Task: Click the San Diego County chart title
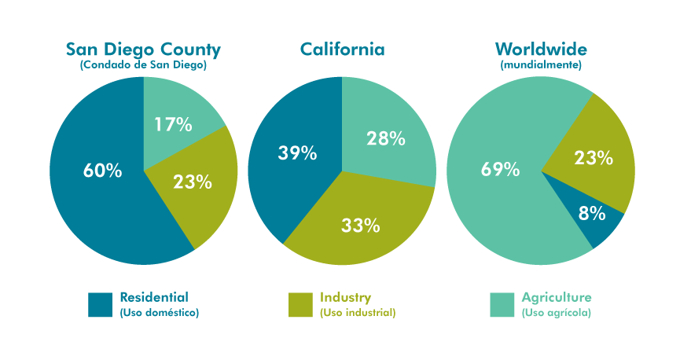tap(143, 50)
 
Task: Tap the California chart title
tap(342, 50)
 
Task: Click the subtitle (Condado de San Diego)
tap(143, 66)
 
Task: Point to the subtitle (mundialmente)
tap(541, 66)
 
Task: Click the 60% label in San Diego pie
tap(102, 170)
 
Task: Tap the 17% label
tap(173, 124)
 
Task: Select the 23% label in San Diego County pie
tap(193, 182)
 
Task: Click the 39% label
tap(297, 153)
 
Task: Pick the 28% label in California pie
tap(386, 139)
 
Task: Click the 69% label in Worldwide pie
tap(501, 169)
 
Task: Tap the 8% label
tap(592, 213)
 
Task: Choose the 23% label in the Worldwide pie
tap(594, 158)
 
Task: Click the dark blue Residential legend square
tap(101, 305)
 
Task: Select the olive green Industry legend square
tap(301, 305)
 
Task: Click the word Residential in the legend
tap(154, 297)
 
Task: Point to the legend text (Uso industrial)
tap(357, 313)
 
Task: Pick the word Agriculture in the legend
tap(556, 297)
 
